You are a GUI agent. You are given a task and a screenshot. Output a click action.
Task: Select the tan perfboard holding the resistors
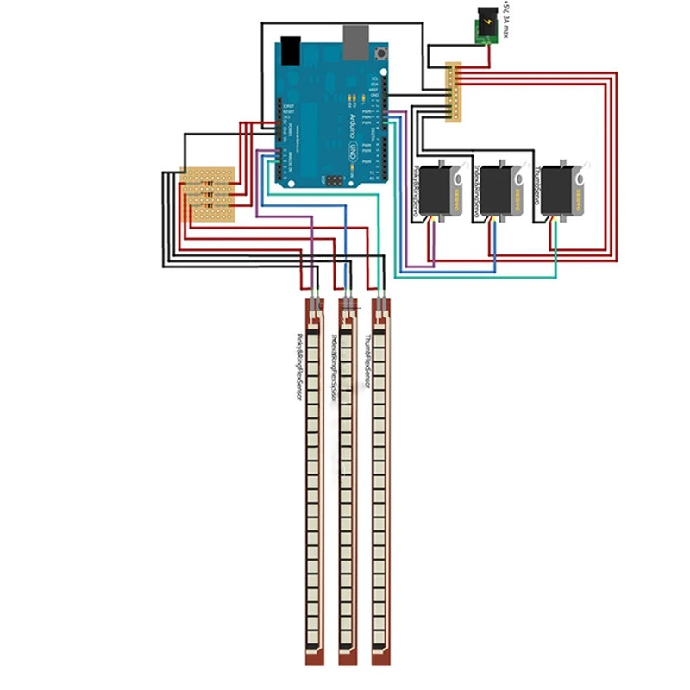click(x=207, y=194)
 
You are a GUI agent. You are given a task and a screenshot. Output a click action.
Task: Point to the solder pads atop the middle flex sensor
click(x=348, y=304)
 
